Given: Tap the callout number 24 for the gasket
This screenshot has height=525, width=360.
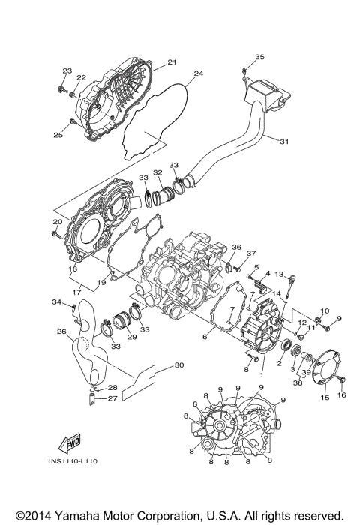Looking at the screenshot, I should click(x=198, y=73).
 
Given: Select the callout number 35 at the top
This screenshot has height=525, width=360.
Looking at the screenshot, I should click(x=259, y=58).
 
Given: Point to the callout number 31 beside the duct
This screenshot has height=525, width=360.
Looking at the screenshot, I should click(x=284, y=141).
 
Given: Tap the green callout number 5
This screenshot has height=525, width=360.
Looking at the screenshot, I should click(x=256, y=267).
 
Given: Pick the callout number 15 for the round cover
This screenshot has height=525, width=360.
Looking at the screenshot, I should click(x=325, y=397).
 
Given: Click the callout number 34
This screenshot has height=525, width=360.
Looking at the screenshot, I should click(x=56, y=301).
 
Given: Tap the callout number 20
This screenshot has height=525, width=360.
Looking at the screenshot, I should click(x=58, y=221).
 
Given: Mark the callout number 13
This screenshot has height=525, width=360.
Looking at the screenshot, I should click(x=278, y=274).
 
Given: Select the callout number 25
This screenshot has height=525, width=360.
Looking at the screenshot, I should click(x=57, y=135).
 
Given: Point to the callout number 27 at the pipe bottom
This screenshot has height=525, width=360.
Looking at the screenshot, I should click(x=112, y=399).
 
